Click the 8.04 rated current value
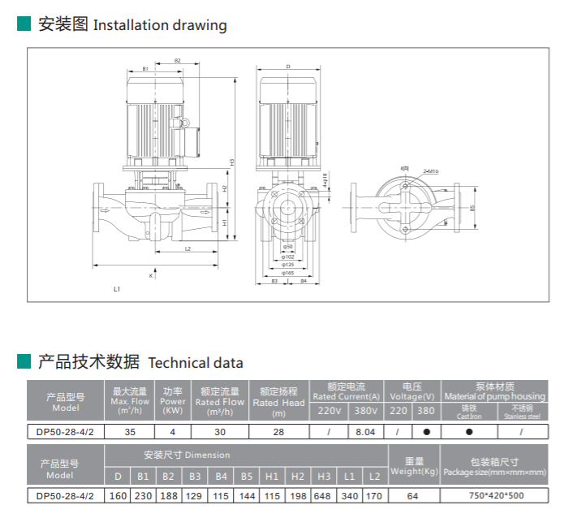click(x=365, y=432)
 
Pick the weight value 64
click(x=412, y=495)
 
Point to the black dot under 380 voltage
click(x=426, y=432)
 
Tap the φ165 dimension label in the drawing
click(x=288, y=274)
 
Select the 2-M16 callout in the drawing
click(x=431, y=171)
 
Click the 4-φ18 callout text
click(x=325, y=179)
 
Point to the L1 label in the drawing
click(x=118, y=289)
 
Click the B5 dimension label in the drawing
click(x=472, y=208)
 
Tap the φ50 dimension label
click(x=288, y=247)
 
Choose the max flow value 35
click(x=129, y=432)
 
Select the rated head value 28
click(x=278, y=432)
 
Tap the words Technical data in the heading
click(x=196, y=363)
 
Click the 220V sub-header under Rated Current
click(x=330, y=411)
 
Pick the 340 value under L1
click(x=349, y=495)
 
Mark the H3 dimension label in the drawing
click(x=232, y=162)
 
